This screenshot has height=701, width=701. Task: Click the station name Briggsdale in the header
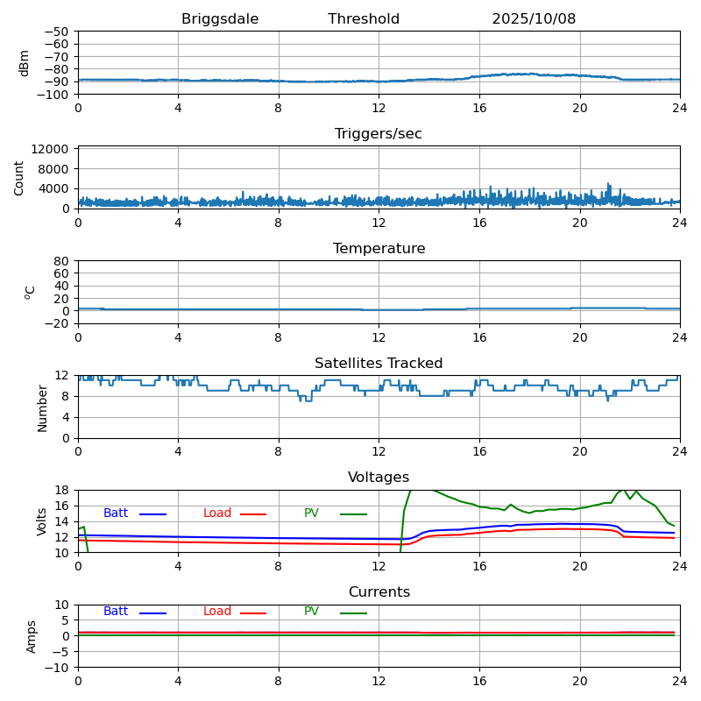click(220, 19)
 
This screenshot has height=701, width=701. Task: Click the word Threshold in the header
click(364, 19)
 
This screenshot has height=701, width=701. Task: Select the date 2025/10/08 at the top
click(534, 19)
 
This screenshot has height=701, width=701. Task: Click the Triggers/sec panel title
click(379, 134)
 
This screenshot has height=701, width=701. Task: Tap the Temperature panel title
click(379, 249)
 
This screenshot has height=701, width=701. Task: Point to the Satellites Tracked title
click(379, 364)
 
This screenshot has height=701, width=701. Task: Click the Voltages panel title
click(379, 478)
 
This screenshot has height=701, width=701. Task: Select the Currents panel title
click(379, 592)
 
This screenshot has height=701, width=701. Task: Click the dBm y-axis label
click(25, 62)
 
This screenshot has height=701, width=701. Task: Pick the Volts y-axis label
click(42, 521)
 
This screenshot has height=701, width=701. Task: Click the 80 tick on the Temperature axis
click(62, 261)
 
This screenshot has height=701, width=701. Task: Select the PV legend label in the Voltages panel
click(312, 513)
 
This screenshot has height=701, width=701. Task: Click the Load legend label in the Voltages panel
click(217, 513)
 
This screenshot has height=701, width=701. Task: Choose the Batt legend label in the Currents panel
click(116, 612)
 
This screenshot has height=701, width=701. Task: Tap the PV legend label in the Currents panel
click(312, 612)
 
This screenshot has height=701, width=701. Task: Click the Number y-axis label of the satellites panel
click(42, 407)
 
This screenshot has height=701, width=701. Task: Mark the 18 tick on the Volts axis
click(62, 491)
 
